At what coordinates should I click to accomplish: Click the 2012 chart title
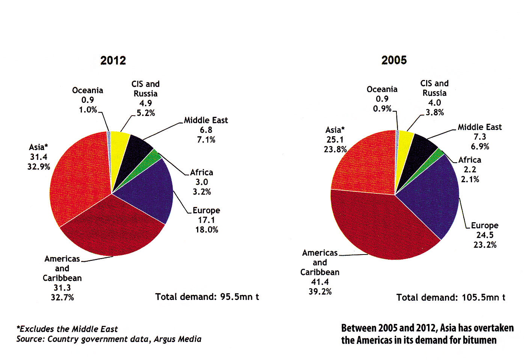tap(113, 60)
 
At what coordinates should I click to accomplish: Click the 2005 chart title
tap(394, 60)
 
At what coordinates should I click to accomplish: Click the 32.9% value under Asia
tap(39, 167)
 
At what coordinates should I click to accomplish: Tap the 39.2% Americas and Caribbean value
tap(320, 292)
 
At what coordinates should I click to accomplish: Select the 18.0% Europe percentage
tap(206, 230)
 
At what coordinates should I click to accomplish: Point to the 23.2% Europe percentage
tap(485, 245)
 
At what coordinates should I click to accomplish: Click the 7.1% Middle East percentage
tap(206, 140)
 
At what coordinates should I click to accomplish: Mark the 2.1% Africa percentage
tap(470, 179)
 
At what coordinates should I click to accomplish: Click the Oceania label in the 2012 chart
tap(87, 90)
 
